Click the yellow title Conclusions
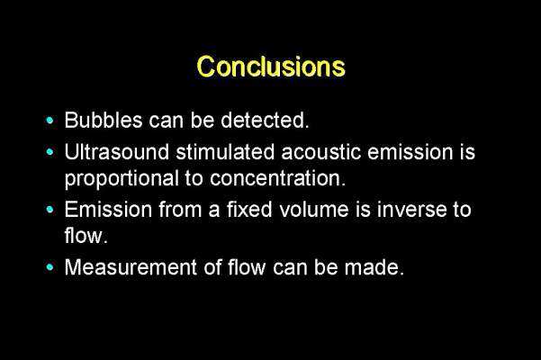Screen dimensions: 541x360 point(271,67)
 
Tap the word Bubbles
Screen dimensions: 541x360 point(104,120)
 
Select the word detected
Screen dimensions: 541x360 point(265,120)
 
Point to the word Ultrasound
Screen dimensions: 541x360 point(117,152)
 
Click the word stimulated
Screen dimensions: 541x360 point(225,152)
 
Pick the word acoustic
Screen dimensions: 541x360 point(321,152)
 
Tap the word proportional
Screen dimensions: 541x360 point(122,178)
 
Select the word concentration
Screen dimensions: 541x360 point(277,178)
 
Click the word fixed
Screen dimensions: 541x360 point(249,210)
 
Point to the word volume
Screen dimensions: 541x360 point(314,210)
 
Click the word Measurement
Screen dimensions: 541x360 point(131,267)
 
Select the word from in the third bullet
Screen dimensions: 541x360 point(180,210)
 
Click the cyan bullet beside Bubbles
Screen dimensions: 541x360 point(50,121)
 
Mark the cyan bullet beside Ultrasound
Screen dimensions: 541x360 point(50,152)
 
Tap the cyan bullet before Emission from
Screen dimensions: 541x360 point(50,210)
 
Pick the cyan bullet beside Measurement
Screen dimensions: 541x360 point(50,267)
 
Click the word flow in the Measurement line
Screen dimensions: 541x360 point(247,267)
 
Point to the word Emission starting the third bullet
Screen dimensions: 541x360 point(108,210)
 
